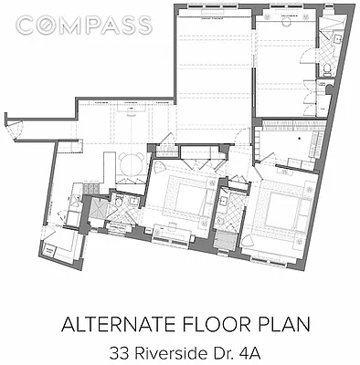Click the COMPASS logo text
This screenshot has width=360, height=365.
pyautogui.click(x=83, y=25)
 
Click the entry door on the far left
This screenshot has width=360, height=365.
pyautogui.click(x=12, y=129)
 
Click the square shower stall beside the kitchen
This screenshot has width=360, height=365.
pyautogui.click(x=95, y=211)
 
